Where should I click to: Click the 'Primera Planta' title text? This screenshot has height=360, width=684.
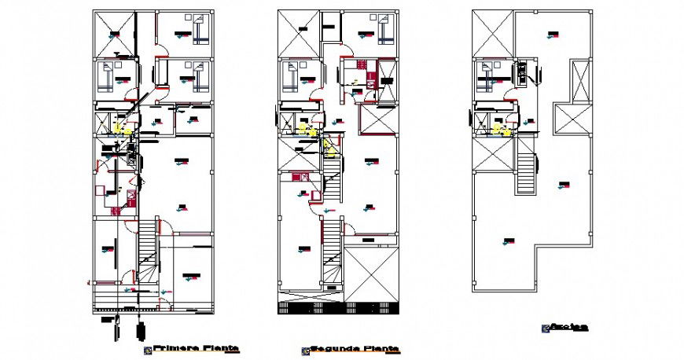[196, 347]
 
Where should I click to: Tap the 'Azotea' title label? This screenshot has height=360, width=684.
[568, 326]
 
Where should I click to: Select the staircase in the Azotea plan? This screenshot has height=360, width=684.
[525, 172]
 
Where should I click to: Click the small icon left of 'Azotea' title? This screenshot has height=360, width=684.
[544, 328]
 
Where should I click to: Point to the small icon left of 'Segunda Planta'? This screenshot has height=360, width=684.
[304, 350]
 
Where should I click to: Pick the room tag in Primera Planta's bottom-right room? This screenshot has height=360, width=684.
[189, 276]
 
